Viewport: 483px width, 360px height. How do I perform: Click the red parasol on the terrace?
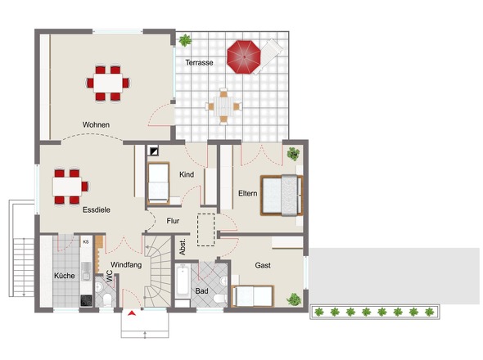(244, 57)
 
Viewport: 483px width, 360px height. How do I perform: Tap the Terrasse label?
(199, 62)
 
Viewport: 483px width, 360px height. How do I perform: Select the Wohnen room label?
(96, 124)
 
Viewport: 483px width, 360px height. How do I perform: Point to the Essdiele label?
(96, 209)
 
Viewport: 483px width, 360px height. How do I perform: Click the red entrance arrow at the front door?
(132, 313)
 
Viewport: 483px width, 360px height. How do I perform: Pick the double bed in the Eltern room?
(282, 196)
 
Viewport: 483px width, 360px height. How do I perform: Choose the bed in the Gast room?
(253, 296)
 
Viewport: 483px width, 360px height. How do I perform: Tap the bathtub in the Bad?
(183, 281)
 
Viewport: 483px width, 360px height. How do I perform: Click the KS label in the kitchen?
(86, 242)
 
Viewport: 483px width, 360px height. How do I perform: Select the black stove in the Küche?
(86, 300)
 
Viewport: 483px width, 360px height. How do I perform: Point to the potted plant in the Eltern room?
(293, 154)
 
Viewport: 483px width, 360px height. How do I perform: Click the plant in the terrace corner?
(185, 40)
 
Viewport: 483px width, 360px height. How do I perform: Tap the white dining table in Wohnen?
(108, 83)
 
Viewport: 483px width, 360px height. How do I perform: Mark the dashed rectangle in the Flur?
(205, 230)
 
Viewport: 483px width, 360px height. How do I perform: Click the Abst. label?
(183, 246)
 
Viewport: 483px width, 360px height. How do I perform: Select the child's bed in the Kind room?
(158, 183)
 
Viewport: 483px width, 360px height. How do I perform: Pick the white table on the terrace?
(223, 106)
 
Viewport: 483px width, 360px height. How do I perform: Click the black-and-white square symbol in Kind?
(153, 151)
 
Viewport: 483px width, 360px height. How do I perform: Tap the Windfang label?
(126, 264)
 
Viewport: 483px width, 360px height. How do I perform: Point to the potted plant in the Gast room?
(294, 299)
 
